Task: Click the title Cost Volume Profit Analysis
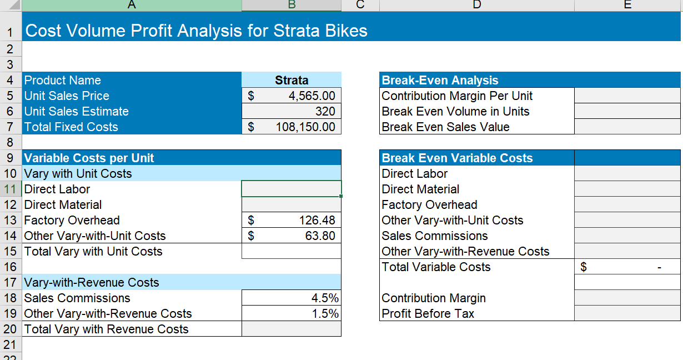[197, 31]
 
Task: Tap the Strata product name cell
[292, 80]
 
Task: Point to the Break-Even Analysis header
[440, 80]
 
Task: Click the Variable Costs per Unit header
[89, 158]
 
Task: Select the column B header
[292, 5]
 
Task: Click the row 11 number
[11, 189]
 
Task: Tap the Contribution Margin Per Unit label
[457, 96]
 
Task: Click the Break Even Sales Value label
[445, 127]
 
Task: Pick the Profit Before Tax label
[428, 313]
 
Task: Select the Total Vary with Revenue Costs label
[106, 329]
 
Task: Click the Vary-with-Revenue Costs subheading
[91, 282]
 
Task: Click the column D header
[476, 5]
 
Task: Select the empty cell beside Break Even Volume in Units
[627, 111]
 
